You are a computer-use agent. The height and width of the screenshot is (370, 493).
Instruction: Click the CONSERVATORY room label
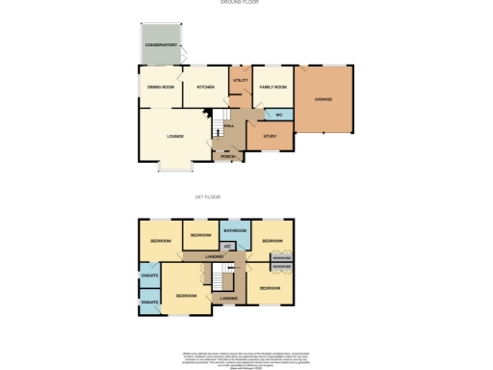coord(161,45)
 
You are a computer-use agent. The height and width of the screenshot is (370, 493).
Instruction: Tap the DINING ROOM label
coord(160,87)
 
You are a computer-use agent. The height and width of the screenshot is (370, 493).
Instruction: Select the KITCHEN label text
coord(206,87)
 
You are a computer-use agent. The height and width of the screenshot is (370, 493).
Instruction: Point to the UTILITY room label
coord(241,80)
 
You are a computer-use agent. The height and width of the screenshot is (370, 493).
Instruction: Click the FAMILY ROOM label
coord(273,87)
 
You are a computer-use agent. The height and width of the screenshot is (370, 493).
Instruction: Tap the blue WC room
coord(278,115)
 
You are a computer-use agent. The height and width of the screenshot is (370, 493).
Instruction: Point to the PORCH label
coord(228,156)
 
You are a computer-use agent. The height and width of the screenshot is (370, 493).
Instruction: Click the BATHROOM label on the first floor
coord(236,231)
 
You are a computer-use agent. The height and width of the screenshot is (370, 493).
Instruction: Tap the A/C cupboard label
coord(229,246)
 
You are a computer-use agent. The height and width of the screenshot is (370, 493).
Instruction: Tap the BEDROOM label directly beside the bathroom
coord(201,235)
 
